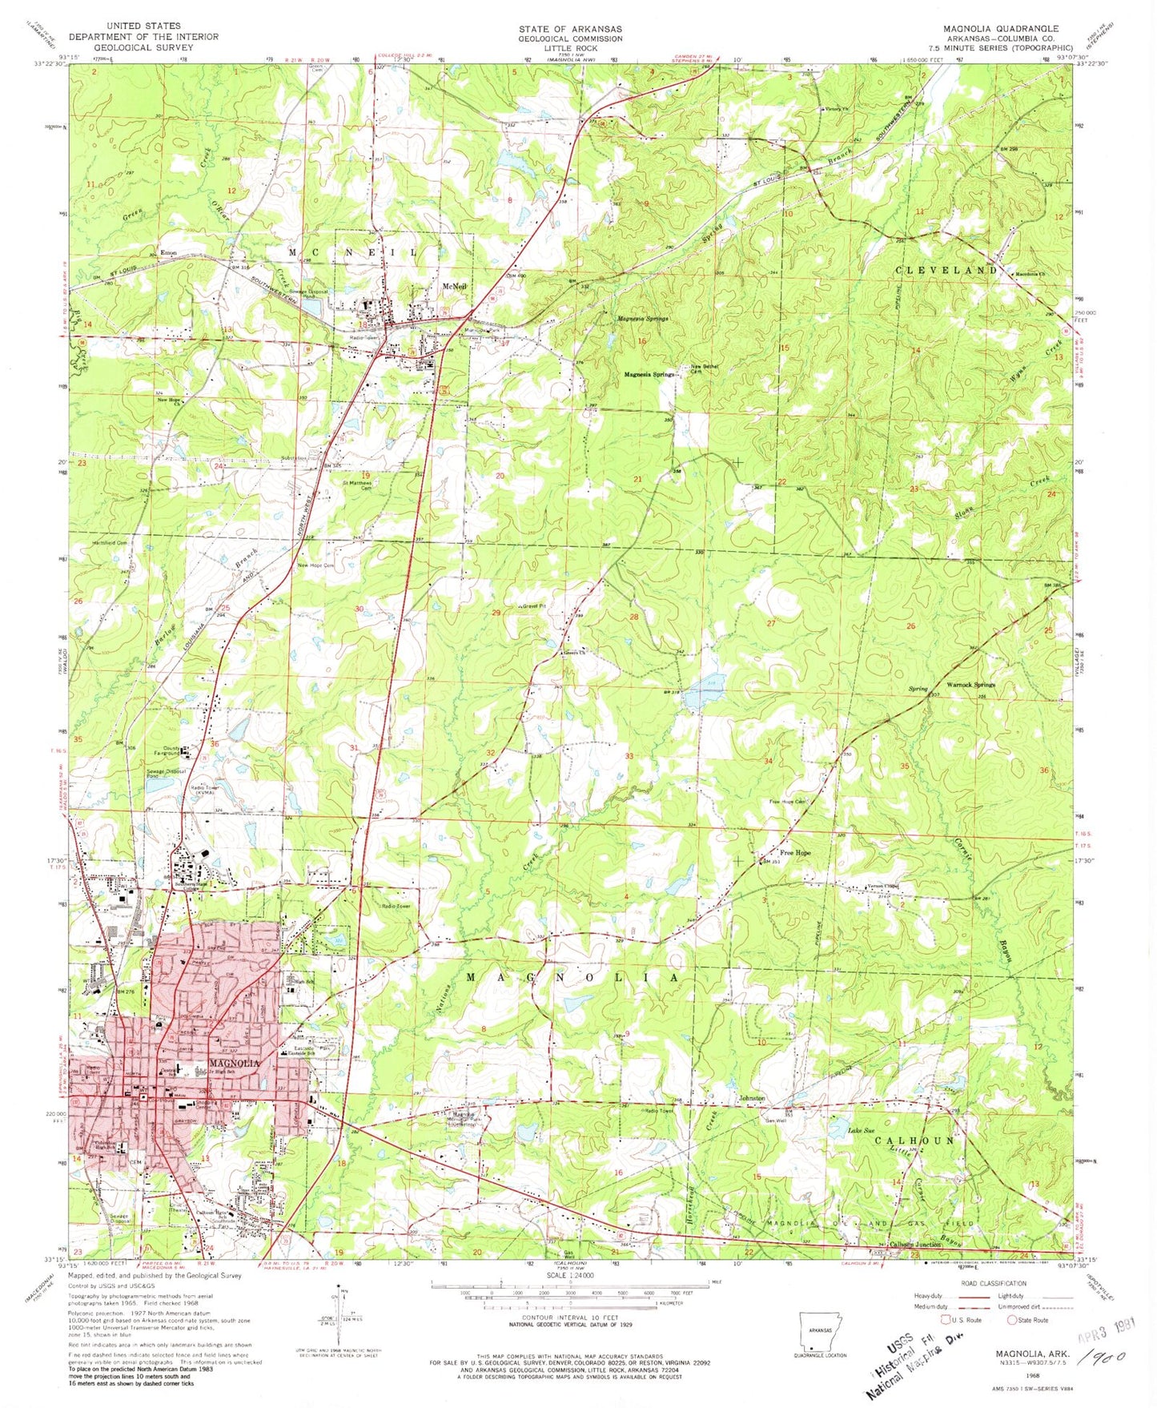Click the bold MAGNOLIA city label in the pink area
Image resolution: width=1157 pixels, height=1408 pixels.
point(234,1063)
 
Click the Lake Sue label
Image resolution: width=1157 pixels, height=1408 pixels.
point(861,1131)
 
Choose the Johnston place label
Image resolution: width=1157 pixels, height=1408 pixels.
point(752,1098)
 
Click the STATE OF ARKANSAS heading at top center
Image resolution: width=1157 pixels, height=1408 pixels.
point(569,28)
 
